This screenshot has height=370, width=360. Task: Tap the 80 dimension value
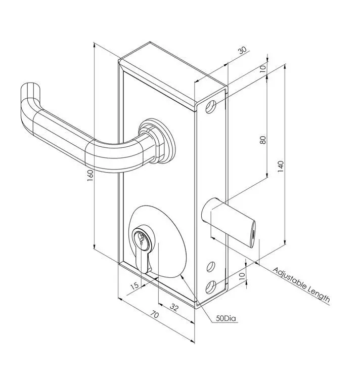click(263, 139)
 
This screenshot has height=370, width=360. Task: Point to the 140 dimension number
click(281, 166)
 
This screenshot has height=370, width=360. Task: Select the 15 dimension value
click(134, 285)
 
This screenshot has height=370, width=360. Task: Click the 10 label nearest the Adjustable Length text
click(241, 276)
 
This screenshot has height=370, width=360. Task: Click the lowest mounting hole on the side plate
click(211, 287)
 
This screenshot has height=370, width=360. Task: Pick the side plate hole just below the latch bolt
click(211, 266)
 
